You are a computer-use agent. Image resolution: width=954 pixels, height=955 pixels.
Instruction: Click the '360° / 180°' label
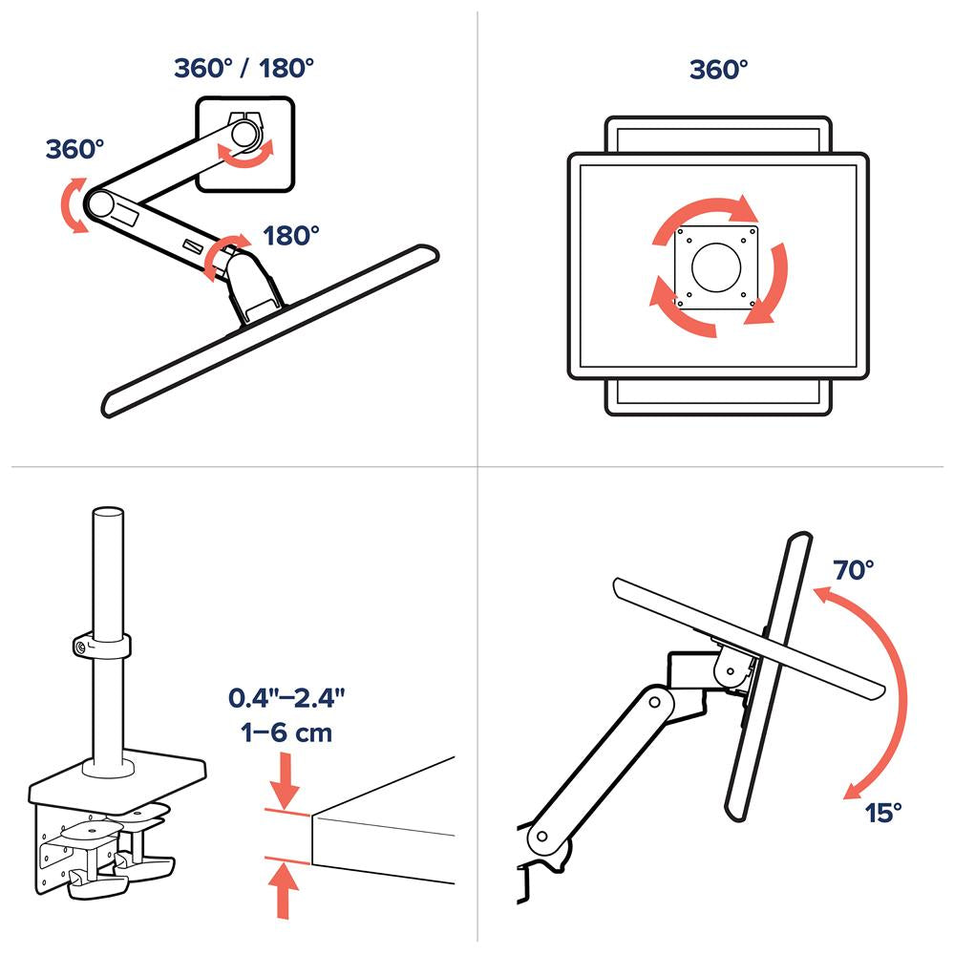(x=244, y=69)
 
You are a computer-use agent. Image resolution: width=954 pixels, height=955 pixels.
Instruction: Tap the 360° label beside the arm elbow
(x=74, y=149)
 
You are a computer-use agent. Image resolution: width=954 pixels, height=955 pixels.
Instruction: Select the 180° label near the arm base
(x=291, y=235)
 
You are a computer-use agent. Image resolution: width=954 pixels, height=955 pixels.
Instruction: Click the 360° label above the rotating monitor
(x=718, y=70)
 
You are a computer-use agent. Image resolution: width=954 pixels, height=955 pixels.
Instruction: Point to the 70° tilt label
(x=853, y=570)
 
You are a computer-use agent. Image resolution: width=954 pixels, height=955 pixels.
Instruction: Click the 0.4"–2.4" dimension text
(x=286, y=697)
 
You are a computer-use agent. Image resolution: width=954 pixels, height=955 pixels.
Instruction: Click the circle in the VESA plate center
(x=718, y=266)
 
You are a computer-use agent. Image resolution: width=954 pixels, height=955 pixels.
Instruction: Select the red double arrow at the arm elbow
(x=72, y=204)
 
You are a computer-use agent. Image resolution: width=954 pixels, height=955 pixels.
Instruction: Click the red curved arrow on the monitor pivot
(x=246, y=153)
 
